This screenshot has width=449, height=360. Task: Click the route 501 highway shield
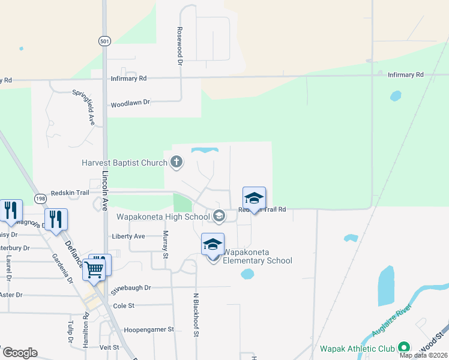(x=104, y=40)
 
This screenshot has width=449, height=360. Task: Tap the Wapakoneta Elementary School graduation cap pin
(x=212, y=245)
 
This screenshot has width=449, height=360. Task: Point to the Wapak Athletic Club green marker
(x=404, y=347)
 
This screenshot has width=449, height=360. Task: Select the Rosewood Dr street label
(x=179, y=46)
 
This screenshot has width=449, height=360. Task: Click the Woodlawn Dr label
(x=130, y=103)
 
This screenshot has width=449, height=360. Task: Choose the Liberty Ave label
(x=128, y=236)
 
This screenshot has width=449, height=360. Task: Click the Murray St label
(x=166, y=245)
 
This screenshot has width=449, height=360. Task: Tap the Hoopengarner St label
(x=148, y=329)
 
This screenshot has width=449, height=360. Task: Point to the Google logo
(x=20, y=353)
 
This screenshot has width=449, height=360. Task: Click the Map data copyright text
(x=424, y=355)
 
